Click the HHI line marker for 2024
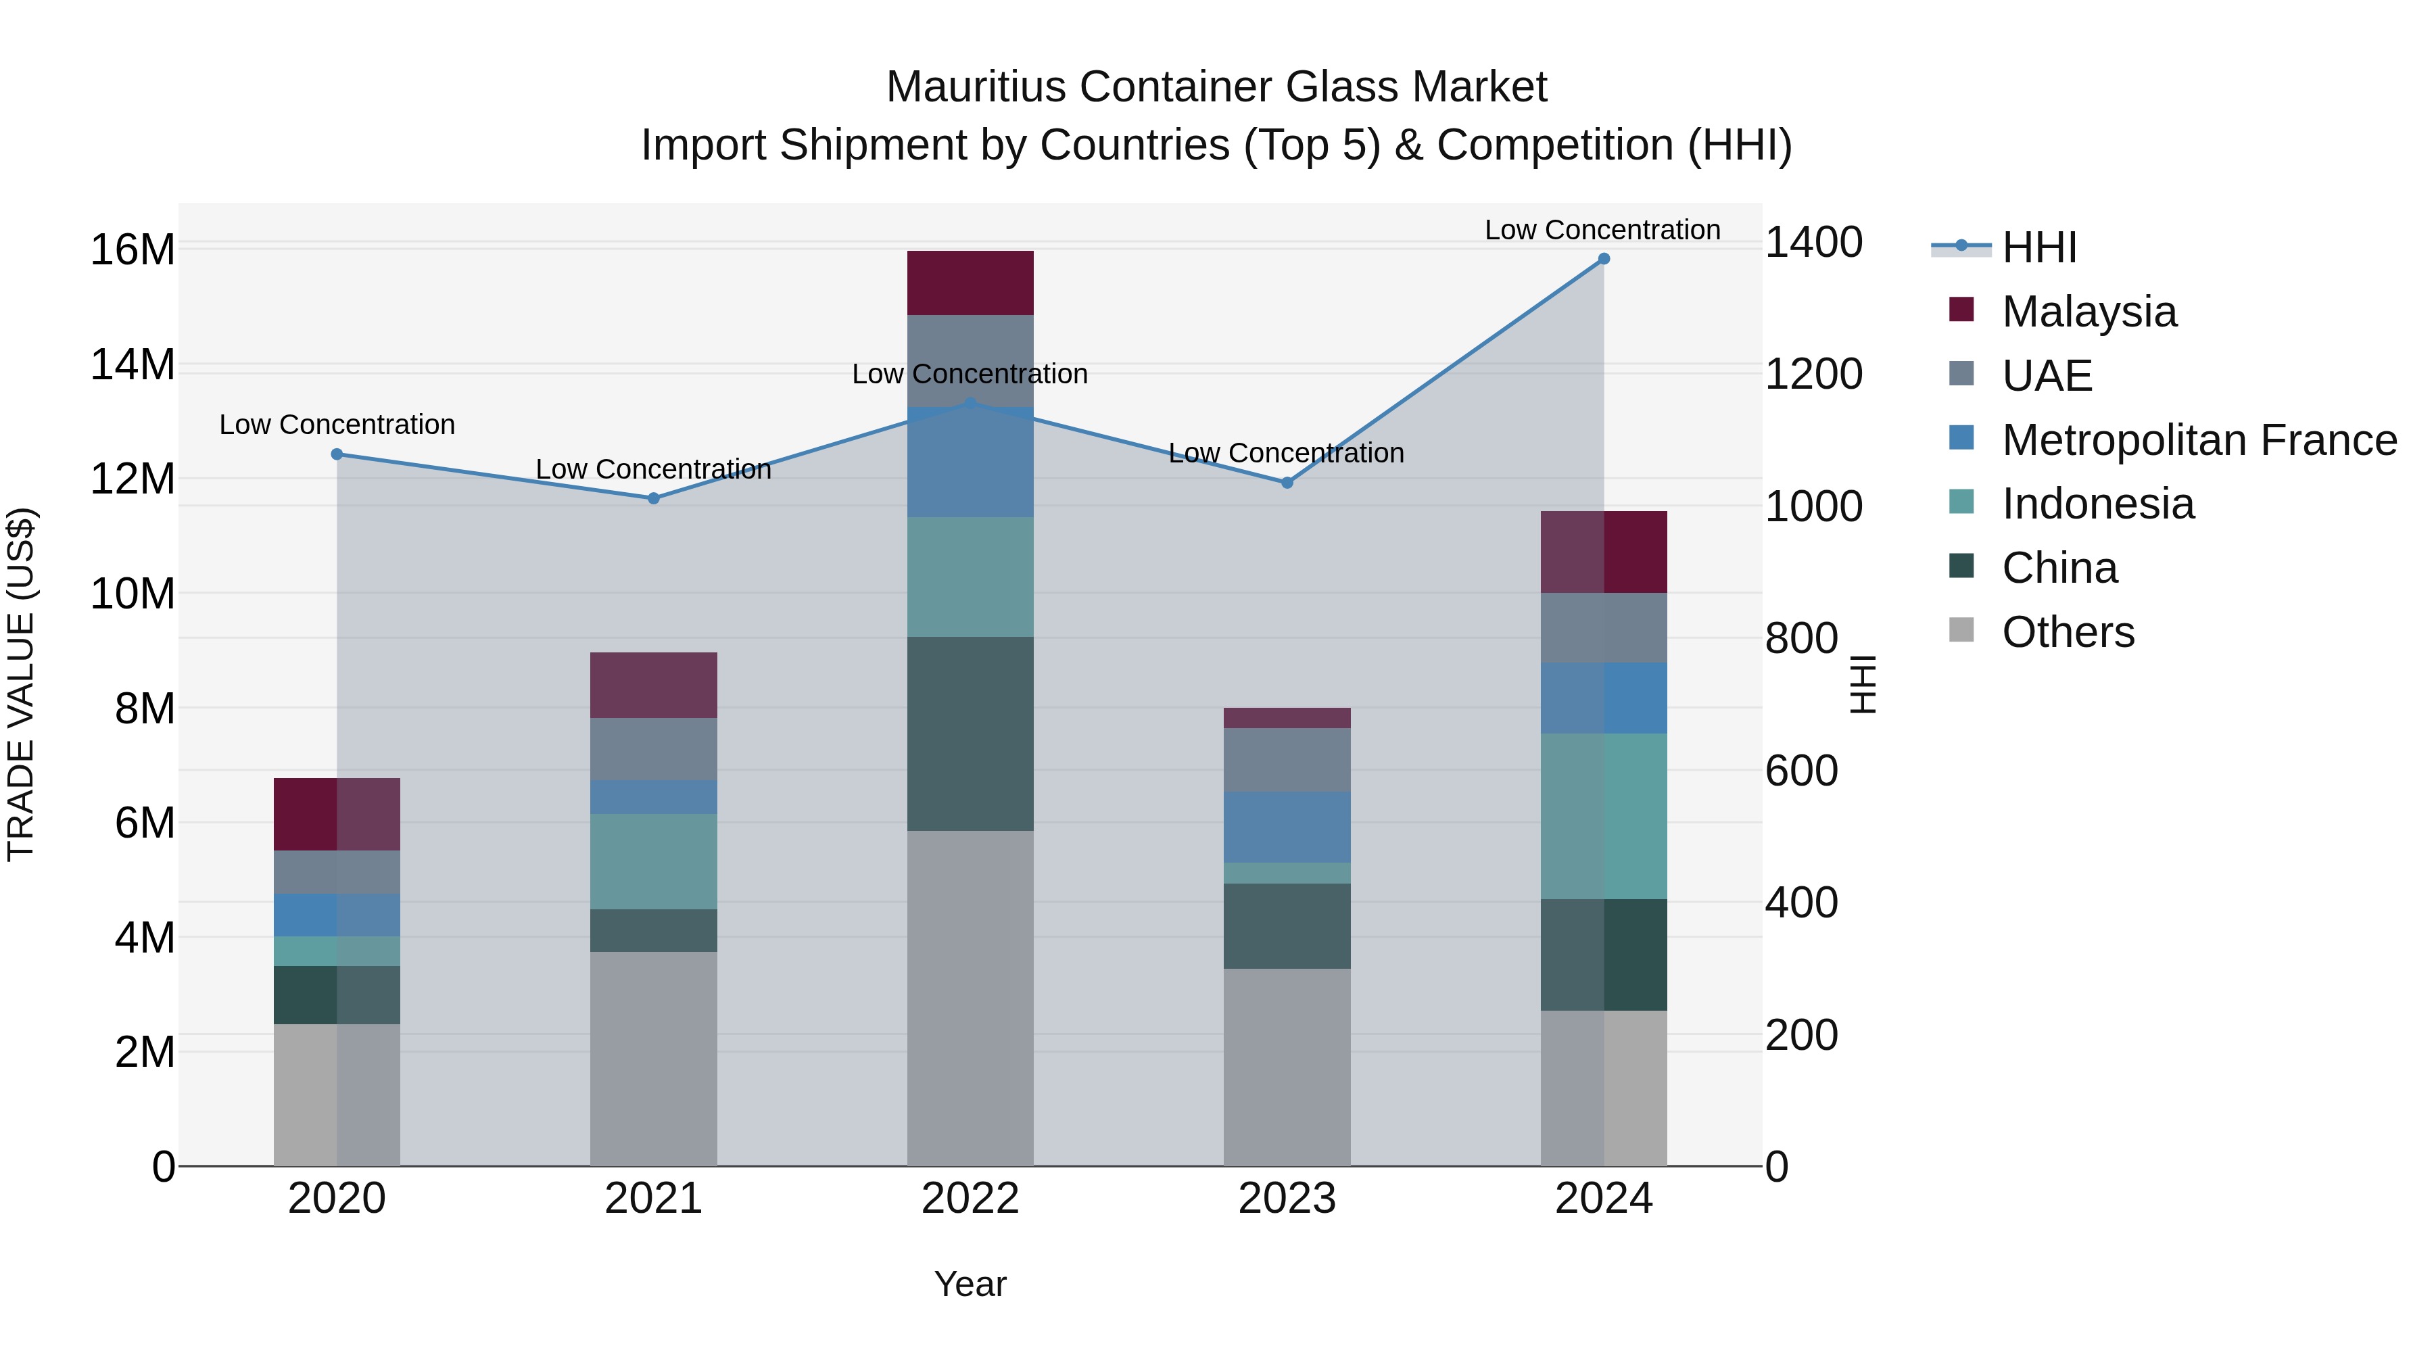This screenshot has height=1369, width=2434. click(x=1604, y=259)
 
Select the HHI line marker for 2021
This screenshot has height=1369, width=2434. click(x=653, y=498)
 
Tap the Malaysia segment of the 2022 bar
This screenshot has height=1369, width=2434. click(x=970, y=283)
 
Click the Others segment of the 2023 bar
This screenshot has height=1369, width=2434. click(x=1286, y=1067)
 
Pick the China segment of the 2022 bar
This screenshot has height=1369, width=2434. click(x=970, y=734)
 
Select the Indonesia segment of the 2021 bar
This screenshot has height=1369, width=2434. click(x=653, y=862)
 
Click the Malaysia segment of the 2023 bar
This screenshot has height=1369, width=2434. click(x=1286, y=718)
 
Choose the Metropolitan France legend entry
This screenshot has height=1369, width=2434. click(x=2199, y=440)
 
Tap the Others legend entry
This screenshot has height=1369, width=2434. click(x=2068, y=632)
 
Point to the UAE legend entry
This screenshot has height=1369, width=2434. click(x=2047, y=376)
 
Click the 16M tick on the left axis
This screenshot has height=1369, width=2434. click(x=133, y=250)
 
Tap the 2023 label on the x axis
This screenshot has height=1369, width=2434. click(x=1286, y=1199)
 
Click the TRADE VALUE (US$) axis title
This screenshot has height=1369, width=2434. click(x=22, y=684)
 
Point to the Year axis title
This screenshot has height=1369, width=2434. click(x=970, y=1284)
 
